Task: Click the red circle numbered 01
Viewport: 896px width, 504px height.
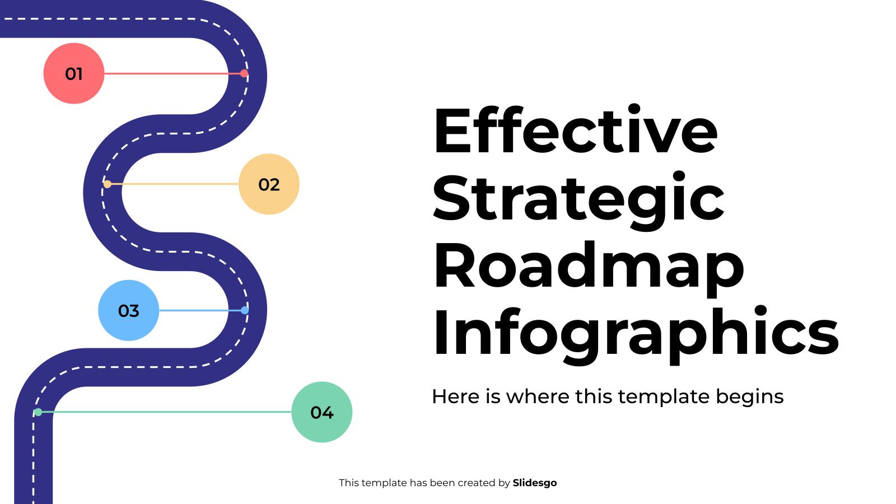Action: tap(74, 73)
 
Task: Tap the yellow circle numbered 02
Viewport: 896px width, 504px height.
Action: tap(269, 184)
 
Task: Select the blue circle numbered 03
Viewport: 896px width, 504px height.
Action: tap(128, 310)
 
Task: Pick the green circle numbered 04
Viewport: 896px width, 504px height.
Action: tap(322, 412)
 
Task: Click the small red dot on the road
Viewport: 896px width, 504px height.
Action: tap(244, 73)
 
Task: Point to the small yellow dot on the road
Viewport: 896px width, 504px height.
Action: tap(108, 184)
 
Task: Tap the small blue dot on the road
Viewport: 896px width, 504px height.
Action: tap(245, 310)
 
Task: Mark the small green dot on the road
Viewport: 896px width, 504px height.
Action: tap(38, 412)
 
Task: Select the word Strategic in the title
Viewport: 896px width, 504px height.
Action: tap(578, 199)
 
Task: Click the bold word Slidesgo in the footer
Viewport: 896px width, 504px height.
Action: tap(535, 483)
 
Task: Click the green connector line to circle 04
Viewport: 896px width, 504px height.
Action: tap(168, 412)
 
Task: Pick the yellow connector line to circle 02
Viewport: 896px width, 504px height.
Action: tap(174, 184)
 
